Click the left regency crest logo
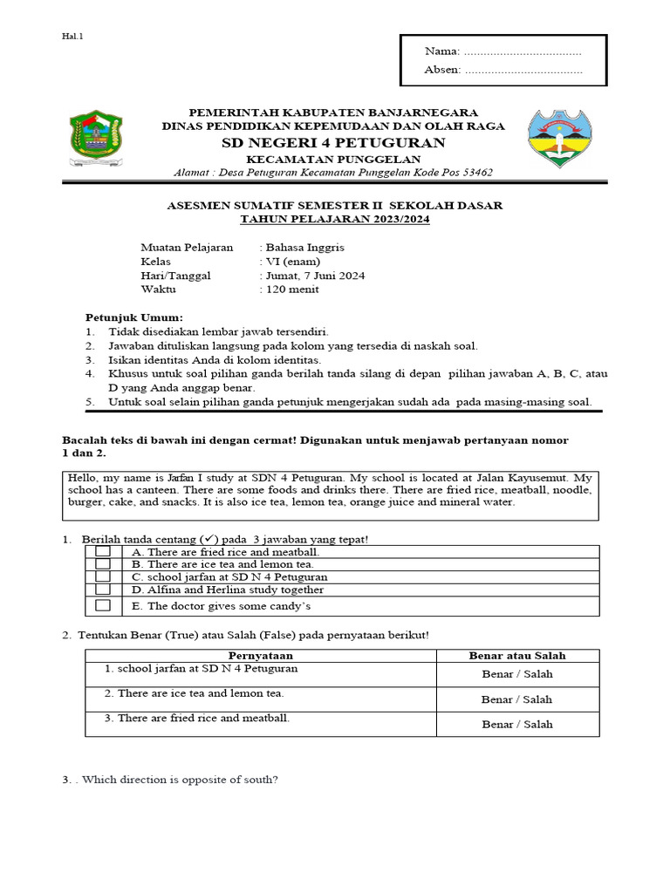click(96, 139)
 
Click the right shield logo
click(559, 140)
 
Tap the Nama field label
click(441, 52)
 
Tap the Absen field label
click(442, 70)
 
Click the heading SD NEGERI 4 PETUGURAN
click(332, 143)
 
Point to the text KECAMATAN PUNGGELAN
click(332, 159)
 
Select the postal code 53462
click(475, 173)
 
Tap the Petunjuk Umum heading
click(134, 317)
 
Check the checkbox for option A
click(103, 552)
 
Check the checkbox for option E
click(103, 606)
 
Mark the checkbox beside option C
click(103, 576)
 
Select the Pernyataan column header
click(261, 655)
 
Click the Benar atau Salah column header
click(517, 655)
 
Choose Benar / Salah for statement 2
click(517, 699)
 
